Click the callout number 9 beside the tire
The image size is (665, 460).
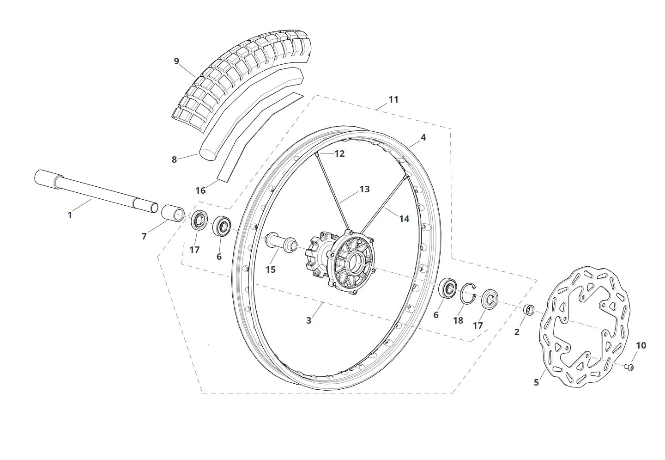(x=176, y=61)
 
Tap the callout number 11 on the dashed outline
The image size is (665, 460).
(x=393, y=99)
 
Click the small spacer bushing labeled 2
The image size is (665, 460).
(x=528, y=310)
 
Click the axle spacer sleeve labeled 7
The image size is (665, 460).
(x=173, y=213)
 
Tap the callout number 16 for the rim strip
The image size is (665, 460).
(x=201, y=190)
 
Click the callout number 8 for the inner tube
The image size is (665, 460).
(x=174, y=159)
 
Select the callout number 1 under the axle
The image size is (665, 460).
(x=70, y=215)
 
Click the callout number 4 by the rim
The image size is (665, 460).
(x=423, y=137)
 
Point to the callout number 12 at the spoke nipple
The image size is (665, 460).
(x=339, y=153)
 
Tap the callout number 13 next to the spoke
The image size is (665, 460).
(x=364, y=189)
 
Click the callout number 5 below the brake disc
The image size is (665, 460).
(x=536, y=382)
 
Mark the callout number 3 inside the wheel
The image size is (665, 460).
(x=309, y=320)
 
